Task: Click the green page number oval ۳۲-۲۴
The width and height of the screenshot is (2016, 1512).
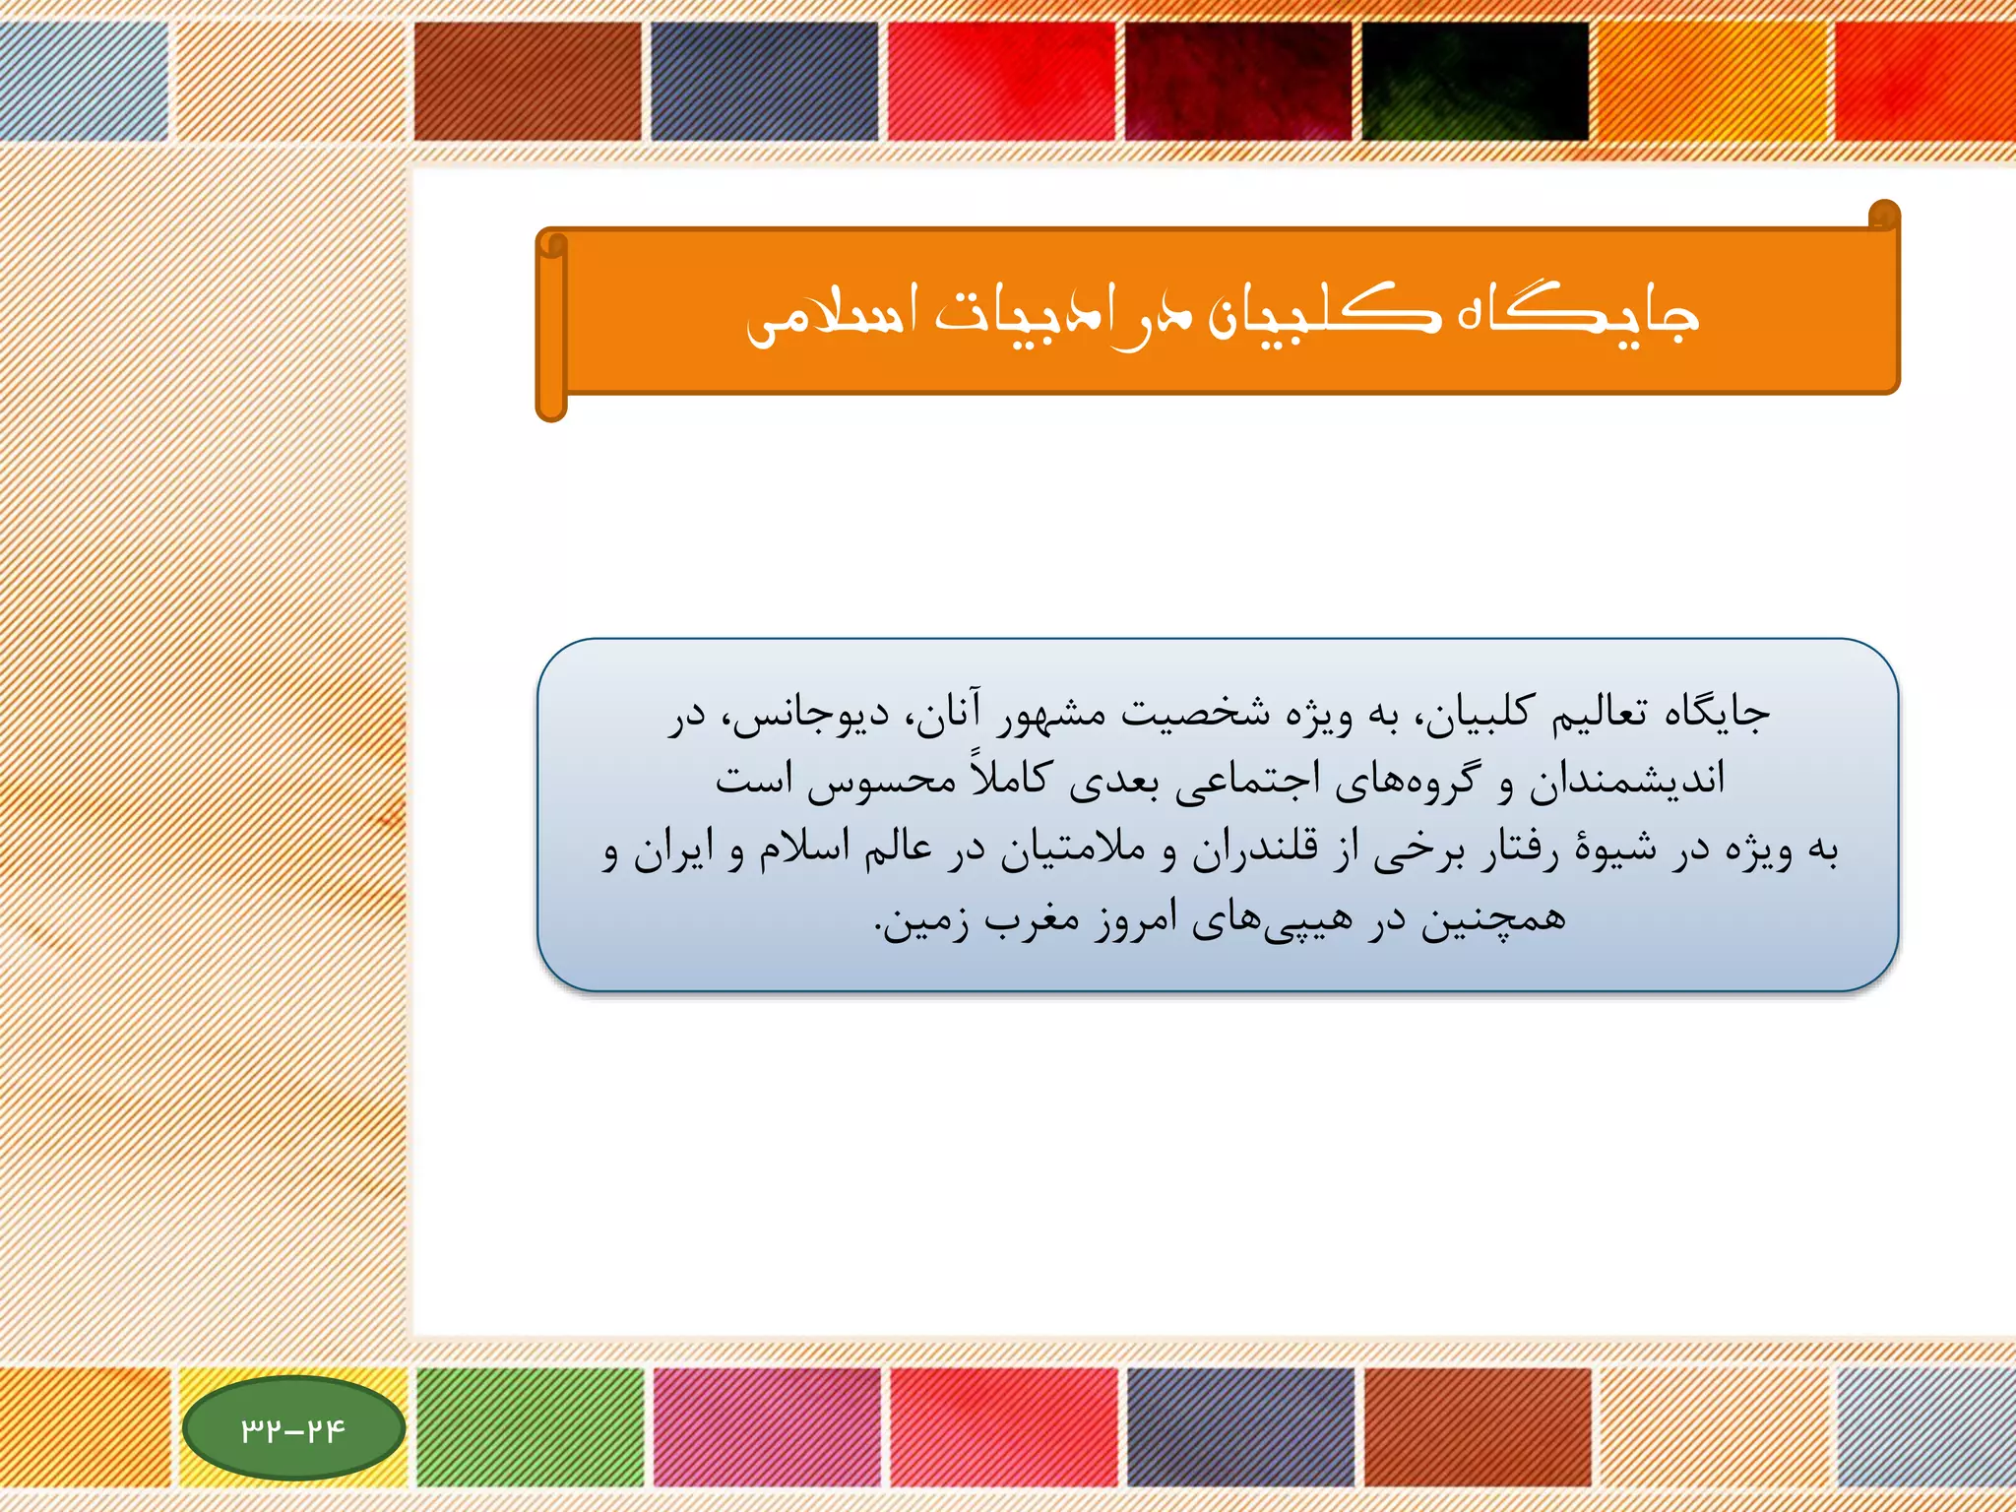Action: (293, 1428)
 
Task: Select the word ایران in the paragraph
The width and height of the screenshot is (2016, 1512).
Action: (673, 849)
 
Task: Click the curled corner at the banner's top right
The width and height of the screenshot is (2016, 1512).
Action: (1883, 216)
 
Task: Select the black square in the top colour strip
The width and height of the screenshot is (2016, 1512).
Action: (1475, 81)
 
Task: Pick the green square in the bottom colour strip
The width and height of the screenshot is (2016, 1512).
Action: (530, 1426)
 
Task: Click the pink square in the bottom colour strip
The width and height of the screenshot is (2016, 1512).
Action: (766, 1426)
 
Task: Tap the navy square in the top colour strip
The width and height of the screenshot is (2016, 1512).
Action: (764, 81)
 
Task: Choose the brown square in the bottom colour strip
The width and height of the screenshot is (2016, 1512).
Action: (1478, 1426)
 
